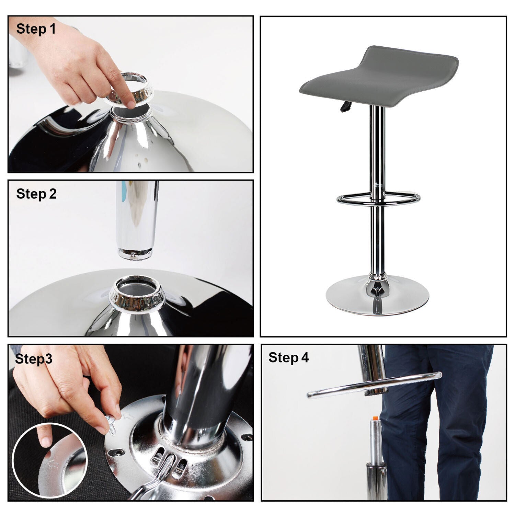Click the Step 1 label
point(36,29)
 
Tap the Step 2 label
point(36,194)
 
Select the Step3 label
point(34,359)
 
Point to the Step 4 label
point(288,357)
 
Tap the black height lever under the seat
point(345,107)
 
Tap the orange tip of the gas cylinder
point(375,418)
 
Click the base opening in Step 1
point(130,112)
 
